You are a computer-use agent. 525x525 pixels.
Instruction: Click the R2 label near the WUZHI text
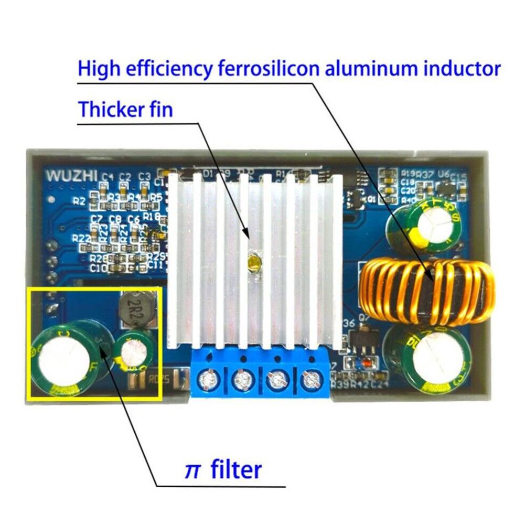79,200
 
